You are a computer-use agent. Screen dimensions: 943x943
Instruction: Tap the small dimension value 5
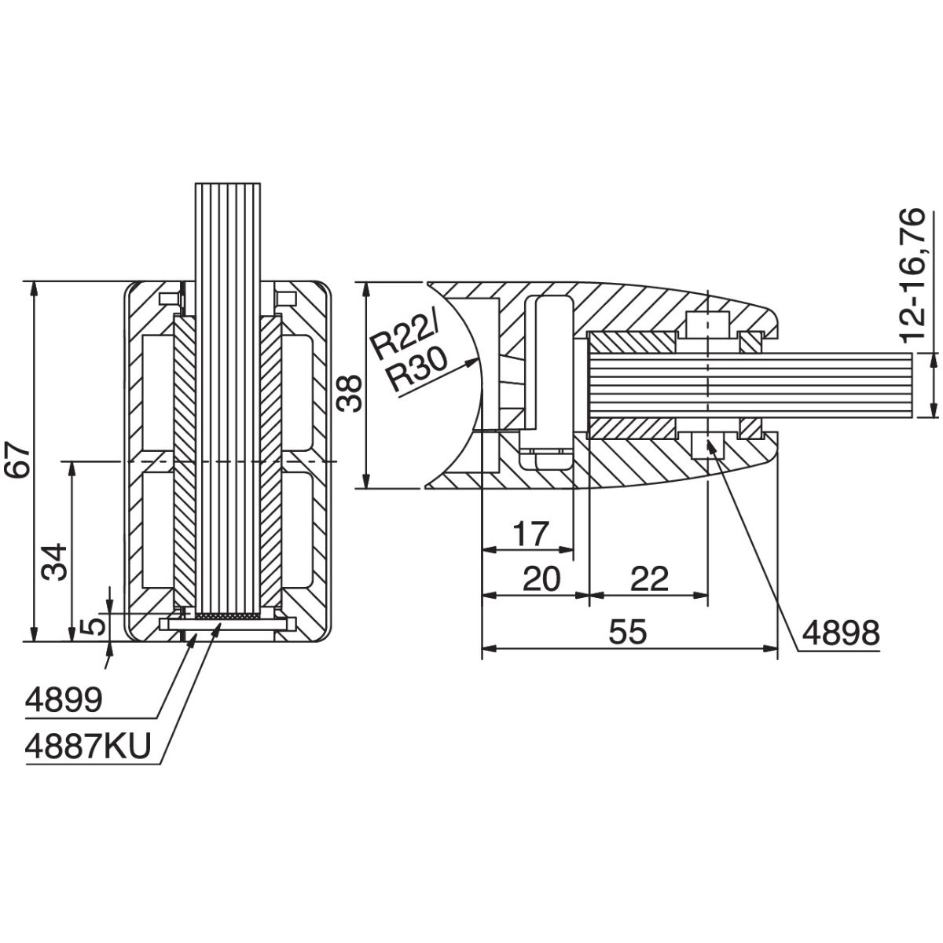[92, 626]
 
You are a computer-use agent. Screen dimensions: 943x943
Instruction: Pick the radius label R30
[416, 369]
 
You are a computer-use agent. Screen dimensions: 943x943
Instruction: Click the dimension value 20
[541, 579]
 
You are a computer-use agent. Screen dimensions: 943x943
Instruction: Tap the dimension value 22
[648, 579]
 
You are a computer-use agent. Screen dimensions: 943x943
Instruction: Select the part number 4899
[64, 699]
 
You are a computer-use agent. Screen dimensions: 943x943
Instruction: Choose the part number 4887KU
[87, 747]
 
